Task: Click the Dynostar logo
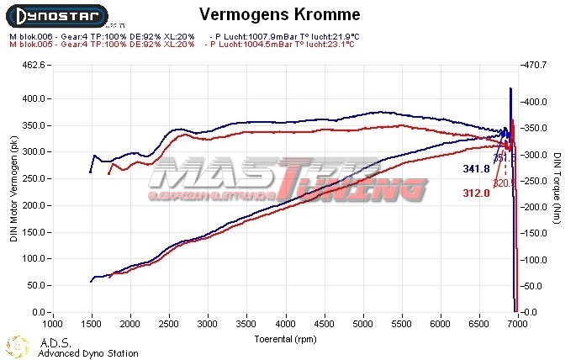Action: coord(56,15)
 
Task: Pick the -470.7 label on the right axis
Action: coord(536,65)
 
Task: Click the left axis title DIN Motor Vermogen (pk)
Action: coord(13,189)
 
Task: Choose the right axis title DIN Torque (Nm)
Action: coord(557,189)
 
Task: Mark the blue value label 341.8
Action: coord(476,169)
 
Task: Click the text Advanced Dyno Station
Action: coord(88,353)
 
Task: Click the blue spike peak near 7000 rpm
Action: coord(510,88)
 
